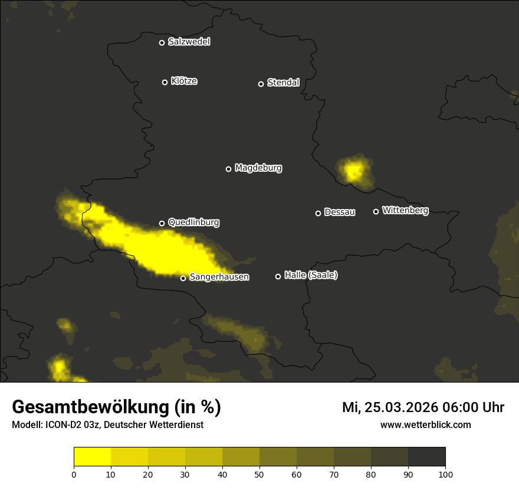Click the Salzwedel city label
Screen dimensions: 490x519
click(x=189, y=42)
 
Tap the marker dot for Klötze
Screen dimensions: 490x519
click(x=165, y=82)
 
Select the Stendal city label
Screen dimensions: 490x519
click(x=283, y=83)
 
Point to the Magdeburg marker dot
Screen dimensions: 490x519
click(x=229, y=169)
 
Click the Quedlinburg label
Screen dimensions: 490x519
click(x=193, y=223)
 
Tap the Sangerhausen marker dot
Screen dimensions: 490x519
click(x=183, y=278)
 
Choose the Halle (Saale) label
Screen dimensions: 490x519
click(x=311, y=275)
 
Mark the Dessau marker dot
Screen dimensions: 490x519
click(x=318, y=213)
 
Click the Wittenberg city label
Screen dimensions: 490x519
click(x=405, y=210)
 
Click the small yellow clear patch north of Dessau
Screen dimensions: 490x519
click(x=354, y=172)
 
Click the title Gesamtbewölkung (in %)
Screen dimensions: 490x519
click(x=116, y=407)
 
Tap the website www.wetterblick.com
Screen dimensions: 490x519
click(x=426, y=424)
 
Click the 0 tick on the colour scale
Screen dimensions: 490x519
click(x=74, y=473)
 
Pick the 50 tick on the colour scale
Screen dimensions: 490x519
click(x=259, y=473)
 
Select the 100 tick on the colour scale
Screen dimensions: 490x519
click(x=445, y=473)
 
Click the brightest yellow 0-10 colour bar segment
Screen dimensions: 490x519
click(x=92, y=456)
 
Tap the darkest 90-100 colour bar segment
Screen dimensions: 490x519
click(x=426, y=456)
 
